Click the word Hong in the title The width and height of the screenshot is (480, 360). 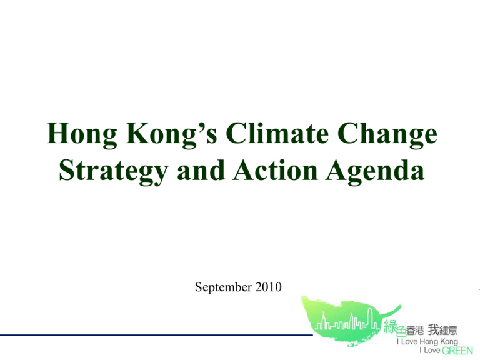82,135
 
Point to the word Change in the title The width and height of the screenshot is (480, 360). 387,135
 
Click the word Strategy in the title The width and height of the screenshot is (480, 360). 114,171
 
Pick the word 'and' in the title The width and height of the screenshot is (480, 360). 201,170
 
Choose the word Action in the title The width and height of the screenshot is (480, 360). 275,170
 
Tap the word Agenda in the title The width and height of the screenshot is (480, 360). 375,171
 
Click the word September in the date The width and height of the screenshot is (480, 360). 224,287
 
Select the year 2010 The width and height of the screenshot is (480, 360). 269,287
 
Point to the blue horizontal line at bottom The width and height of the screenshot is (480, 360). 156,335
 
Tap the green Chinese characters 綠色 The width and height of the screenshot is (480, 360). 395,328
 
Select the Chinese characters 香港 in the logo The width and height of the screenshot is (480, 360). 416,331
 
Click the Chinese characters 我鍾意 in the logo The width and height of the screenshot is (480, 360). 442,330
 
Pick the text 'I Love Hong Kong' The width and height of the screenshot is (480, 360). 427,342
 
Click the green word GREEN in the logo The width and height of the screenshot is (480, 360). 457,351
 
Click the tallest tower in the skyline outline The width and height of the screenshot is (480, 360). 370,318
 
